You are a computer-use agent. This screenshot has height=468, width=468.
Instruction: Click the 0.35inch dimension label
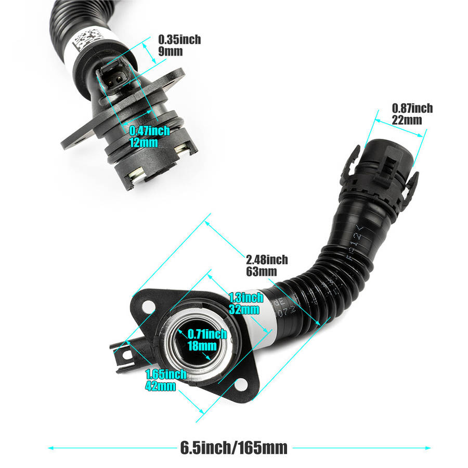179,40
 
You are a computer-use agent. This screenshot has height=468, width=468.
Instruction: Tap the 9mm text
170,51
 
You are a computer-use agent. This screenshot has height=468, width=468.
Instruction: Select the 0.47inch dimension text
150,131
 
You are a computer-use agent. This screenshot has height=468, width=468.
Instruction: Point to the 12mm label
144,142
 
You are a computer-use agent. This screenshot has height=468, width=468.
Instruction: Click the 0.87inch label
412,108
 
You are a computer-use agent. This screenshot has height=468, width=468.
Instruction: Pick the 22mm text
407,120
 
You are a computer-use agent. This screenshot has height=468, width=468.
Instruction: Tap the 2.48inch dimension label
267,259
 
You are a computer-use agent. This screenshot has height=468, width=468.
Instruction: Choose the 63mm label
262,271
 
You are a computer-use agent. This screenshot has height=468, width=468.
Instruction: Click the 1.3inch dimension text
246,297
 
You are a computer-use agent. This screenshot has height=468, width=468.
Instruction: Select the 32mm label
244,309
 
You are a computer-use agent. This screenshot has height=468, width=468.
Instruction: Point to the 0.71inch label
207,334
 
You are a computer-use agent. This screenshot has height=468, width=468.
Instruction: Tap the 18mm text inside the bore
202,346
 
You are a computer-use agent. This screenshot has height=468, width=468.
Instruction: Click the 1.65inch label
166,374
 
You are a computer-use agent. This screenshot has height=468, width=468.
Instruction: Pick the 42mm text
161,386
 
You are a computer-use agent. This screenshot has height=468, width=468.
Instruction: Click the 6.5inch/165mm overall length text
233,448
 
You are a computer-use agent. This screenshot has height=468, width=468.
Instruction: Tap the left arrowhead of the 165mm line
51,448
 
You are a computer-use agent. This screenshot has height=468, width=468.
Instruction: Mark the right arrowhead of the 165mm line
428,448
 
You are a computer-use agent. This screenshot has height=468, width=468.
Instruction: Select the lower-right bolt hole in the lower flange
241,385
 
